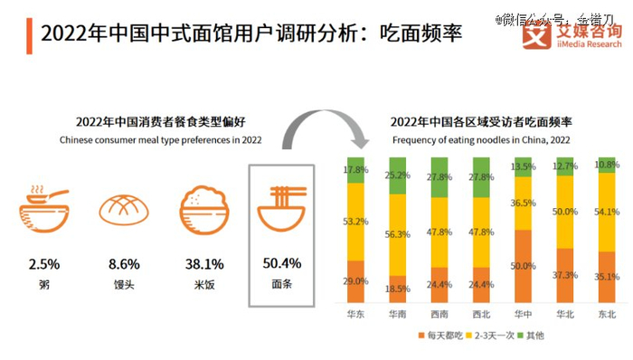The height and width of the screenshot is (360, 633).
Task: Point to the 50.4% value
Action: tap(280, 264)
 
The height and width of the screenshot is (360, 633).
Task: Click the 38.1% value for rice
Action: tap(204, 264)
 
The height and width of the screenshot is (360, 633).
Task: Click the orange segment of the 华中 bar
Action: tap(522, 265)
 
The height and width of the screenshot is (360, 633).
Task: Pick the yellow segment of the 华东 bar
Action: tap(355, 221)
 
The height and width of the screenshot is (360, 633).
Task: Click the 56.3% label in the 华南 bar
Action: tap(398, 234)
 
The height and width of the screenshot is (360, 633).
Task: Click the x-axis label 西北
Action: tap(480, 314)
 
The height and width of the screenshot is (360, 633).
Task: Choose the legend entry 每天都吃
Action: tap(440, 336)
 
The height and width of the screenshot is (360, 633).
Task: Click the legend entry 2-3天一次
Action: tap(496, 336)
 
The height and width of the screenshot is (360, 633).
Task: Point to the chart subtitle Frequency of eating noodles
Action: tap(480, 140)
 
